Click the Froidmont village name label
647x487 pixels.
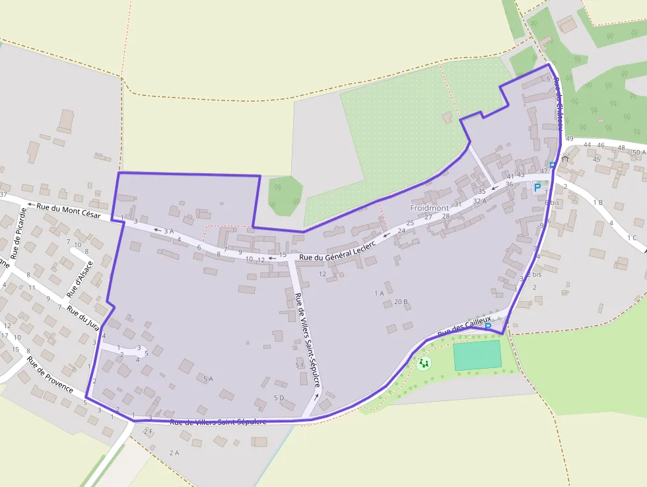[429, 207]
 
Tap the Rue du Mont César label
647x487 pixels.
[69, 211]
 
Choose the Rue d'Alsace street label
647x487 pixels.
[80, 278]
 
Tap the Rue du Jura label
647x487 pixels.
[83, 318]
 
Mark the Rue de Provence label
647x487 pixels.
[50, 375]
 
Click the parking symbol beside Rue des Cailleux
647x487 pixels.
[488, 326]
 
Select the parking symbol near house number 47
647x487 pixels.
[537, 188]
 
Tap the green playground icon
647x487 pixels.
[424, 363]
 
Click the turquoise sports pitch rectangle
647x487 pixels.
[477, 356]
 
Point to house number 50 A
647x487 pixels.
[639, 152]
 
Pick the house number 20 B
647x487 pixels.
[401, 302]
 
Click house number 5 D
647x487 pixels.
[279, 398]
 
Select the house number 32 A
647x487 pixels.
[479, 201]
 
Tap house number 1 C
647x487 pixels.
[632, 238]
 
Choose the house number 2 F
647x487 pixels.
[148, 431]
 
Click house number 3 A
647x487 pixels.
[168, 231]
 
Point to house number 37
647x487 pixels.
[3, 194]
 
